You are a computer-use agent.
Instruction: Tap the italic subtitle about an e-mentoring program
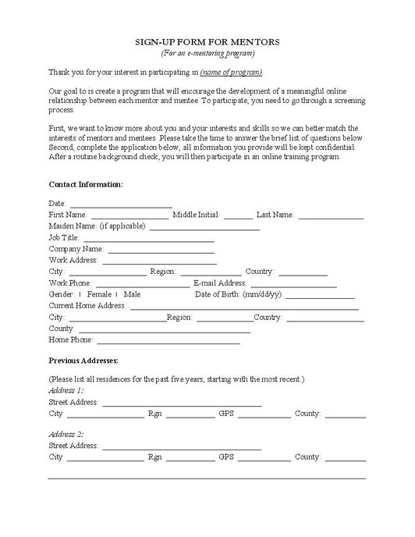[207, 53]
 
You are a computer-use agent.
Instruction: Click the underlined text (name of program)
[231, 73]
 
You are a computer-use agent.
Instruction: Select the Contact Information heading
[86, 184]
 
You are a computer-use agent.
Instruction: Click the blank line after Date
[115, 205]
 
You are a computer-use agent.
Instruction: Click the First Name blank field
[129, 216]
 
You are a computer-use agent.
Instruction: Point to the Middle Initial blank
[238, 216]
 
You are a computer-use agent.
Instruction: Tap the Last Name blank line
[330, 216]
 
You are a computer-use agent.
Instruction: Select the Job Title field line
[148, 239]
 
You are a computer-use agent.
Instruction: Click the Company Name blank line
[161, 251]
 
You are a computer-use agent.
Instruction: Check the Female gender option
[80, 294]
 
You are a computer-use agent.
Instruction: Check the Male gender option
[117, 294]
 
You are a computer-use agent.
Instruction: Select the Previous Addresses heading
[83, 361]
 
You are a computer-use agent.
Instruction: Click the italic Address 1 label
[66, 390]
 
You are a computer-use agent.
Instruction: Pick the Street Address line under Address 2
[181, 447]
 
